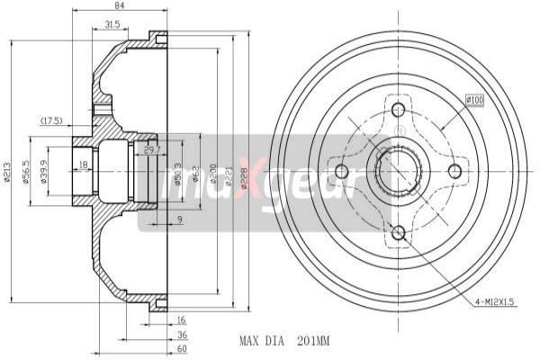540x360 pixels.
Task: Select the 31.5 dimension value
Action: (x=113, y=24)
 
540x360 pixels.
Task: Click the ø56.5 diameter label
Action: (x=27, y=170)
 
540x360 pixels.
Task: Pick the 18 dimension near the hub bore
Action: (x=83, y=165)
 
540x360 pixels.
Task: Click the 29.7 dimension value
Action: (x=152, y=150)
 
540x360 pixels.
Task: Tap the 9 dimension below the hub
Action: (x=180, y=220)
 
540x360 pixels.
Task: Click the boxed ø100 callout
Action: (x=475, y=100)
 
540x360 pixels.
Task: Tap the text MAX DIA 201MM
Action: (x=285, y=341)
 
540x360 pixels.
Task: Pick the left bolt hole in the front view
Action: (x=342, y=171)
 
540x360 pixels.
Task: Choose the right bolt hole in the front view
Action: (x=455, y=171)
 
